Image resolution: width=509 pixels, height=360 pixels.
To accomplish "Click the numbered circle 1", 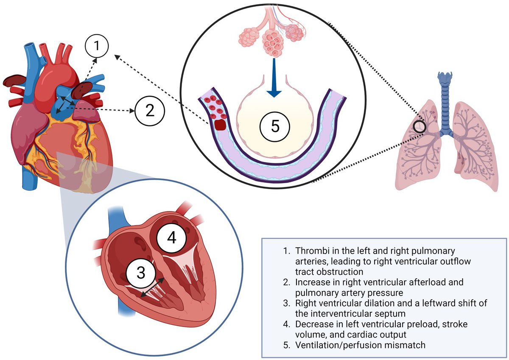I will pos(97,45).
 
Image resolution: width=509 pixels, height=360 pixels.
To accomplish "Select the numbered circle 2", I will pos(149,111).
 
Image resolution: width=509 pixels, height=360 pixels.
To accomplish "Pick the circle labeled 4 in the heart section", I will pos(171,238).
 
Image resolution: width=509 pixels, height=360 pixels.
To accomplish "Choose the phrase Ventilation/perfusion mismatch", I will pos(361,345).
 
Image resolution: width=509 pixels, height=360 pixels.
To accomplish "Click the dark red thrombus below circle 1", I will pos(80,89).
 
